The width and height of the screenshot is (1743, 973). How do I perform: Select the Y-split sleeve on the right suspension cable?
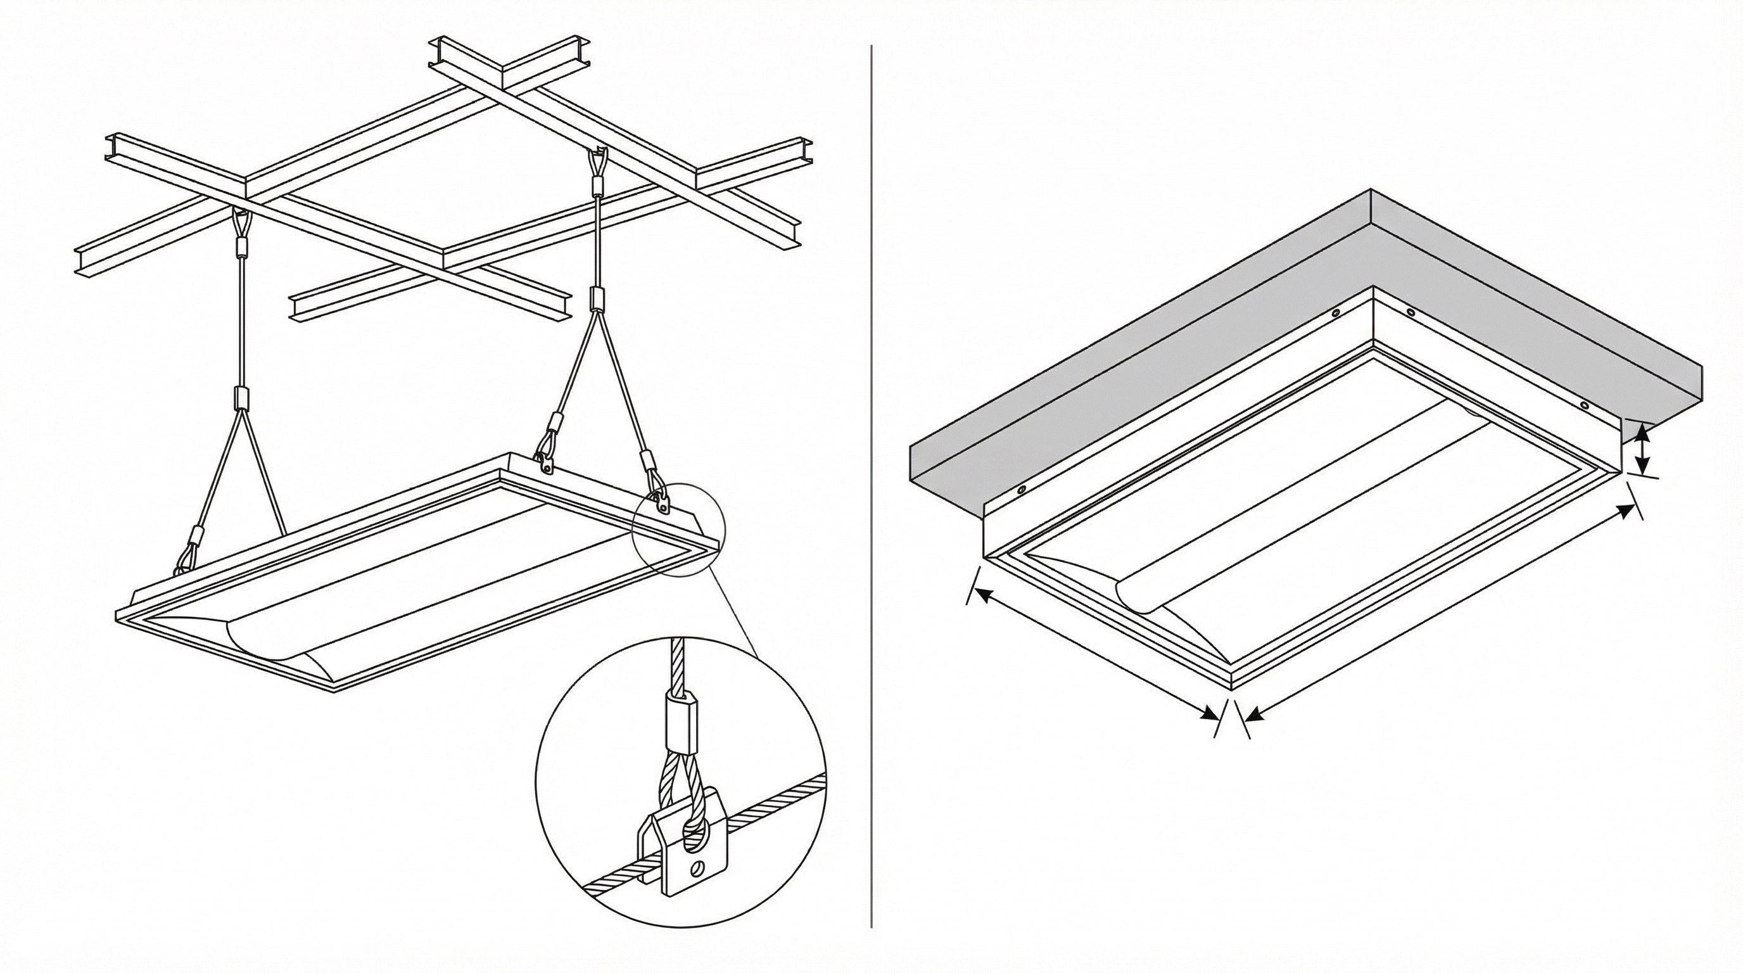[x=596, y=299]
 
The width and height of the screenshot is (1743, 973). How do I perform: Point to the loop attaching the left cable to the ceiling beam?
[x=241, y=222]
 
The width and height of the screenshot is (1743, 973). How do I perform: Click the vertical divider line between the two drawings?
[x=871, y=474]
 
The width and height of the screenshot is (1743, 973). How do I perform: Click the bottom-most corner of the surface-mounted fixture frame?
[x=1231, y=689]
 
